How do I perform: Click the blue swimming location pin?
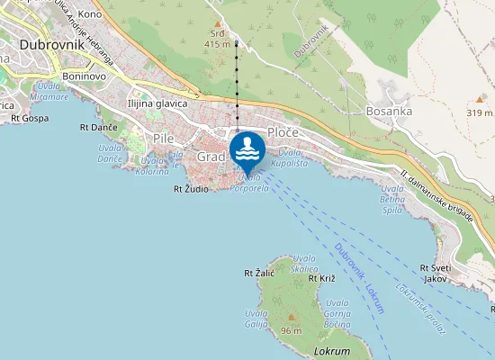247,150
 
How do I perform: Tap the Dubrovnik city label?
51,41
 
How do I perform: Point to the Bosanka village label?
389,111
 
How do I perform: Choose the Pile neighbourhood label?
163,139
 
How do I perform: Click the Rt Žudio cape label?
191,190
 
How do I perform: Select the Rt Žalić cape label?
259,272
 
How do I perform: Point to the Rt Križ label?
321,278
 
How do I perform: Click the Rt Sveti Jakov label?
435,273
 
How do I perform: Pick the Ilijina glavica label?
157,103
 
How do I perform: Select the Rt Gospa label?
30,118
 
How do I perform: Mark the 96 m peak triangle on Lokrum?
291,317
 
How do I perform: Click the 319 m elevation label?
480,112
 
